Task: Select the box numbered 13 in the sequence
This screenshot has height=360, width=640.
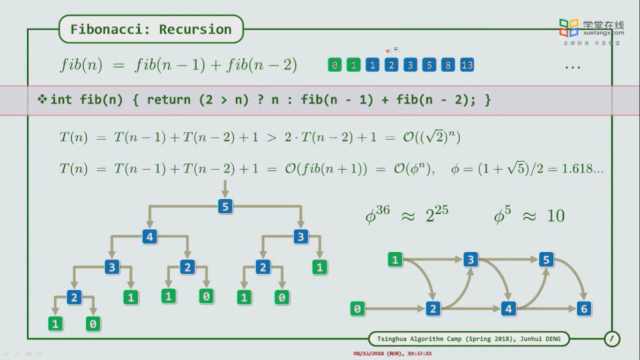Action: pyautogui.click(x=467, y=65)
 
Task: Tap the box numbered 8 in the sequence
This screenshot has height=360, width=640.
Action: pyautogui.click(x=447, y=65)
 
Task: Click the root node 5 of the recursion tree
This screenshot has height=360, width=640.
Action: pyautogui.click(x=225, y=207)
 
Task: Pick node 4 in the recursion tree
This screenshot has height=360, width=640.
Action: pyautogui.click(x=149, y=237)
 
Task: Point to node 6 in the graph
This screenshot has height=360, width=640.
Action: pyautogui.click(x=584, y=308)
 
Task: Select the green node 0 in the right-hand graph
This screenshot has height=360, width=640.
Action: pyautogui.click(x=357, y=308)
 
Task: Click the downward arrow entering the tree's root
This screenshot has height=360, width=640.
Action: pyautogui.click(x=225, y=188)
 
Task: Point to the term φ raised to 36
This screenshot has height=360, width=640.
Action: pyautogui.click(x=378, y=215)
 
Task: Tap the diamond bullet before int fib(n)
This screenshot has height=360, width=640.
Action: pyautogui.click(x=42, y=99)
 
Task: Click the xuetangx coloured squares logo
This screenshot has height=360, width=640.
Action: pyautogui.click(x=569, y=28)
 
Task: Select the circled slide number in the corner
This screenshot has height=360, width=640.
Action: pyautogui.click(x=612, y=338)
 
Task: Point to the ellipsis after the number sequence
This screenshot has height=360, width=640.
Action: pyautogui.click(x=573, y=67)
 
